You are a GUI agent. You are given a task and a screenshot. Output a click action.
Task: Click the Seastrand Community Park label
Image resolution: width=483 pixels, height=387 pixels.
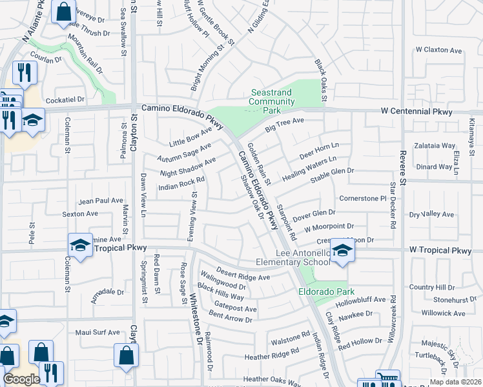271,101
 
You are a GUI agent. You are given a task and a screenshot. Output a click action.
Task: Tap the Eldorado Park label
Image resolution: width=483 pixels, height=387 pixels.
323,292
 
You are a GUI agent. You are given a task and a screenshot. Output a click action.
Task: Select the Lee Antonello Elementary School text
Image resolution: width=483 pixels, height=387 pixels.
303,258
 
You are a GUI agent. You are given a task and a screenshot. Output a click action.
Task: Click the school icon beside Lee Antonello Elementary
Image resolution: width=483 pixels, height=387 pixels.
342,251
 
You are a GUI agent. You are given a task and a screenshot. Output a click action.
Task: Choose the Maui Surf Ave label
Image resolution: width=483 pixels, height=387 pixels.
98,333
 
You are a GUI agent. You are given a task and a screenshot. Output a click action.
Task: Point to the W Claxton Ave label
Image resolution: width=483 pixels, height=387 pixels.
439,50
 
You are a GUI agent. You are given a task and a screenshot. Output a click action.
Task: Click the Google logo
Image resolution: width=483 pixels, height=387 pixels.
21,379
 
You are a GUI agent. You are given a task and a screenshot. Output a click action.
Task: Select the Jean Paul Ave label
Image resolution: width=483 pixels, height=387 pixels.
101,201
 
